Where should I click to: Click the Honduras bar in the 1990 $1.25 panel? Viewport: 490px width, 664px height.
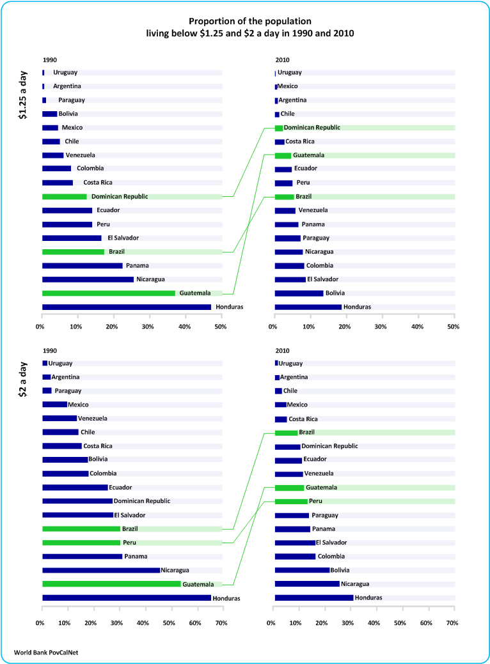coord(127,307)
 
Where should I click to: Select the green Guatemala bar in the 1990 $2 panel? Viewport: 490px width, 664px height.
coord(111,583)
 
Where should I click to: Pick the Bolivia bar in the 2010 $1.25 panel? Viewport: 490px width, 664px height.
coord(299,293)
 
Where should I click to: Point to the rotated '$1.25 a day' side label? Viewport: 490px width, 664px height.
coord(23,95)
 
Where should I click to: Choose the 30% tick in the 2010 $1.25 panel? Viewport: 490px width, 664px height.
coord(381,327)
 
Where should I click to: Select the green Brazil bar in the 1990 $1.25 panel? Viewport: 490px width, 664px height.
coord(73,252)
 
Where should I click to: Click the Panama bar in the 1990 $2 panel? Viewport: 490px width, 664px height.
coord(82,556)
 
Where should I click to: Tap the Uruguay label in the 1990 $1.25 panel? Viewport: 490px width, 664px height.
coord(65,72)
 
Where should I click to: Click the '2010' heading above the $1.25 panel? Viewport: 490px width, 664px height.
coord(282,59)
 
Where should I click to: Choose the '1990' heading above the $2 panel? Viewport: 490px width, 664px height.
coord(49,350)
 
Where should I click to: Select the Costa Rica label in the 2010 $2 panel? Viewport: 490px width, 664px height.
coord(303,419)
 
